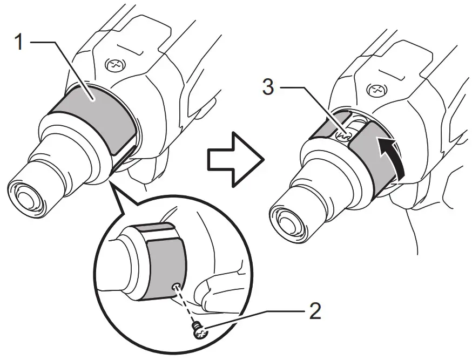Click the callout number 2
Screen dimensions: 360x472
click(315, 312)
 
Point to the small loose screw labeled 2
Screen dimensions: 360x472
click(199, 333)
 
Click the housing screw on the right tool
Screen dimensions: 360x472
click(376, 87)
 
